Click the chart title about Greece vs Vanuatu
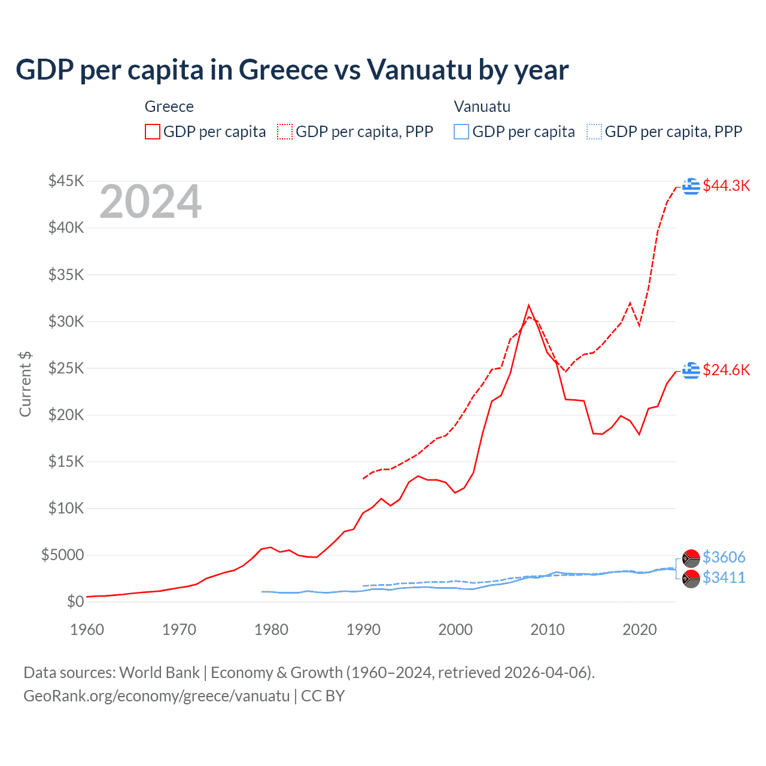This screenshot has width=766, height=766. (292, 70)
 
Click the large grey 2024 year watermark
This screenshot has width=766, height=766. (150, 202)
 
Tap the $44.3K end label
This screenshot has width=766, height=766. (726, 186)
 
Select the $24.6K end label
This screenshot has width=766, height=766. (726, 370)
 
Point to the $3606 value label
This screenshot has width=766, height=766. (724, 557)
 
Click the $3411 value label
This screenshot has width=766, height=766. (724, 577)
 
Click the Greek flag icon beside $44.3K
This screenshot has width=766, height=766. (691, 186)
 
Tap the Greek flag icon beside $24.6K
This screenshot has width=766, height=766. (691, 370)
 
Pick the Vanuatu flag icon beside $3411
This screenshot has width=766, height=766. (691, 579)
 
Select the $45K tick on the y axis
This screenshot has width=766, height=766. (66, 181)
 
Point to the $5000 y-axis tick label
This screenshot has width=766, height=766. (62, 555)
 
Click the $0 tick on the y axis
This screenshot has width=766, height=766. (75, 601)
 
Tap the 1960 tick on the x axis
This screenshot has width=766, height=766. (87, 630)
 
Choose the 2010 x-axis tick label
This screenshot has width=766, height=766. (548, 630)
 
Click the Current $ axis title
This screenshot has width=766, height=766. (25, 384)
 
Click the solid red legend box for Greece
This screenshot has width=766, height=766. (153, 132)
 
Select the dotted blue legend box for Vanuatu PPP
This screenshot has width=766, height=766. (594, 132)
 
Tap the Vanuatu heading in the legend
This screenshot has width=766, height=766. (482, 107)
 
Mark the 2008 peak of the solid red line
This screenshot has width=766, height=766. (528, 305)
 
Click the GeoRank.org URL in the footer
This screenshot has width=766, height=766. (156, 696)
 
